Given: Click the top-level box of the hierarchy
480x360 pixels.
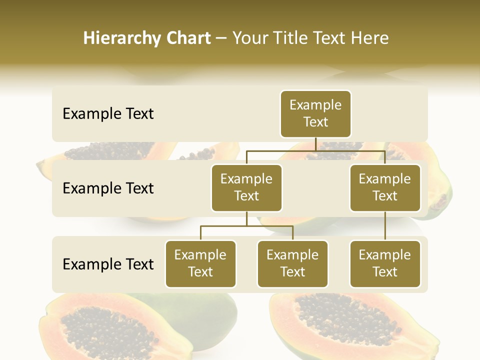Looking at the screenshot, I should click(x=315, y=114).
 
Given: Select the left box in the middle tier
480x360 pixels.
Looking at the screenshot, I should click(x=246, y=187).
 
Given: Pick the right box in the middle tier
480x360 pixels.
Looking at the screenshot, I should click(x=385, y=187).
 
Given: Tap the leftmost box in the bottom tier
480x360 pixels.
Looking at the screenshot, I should click(x=200, y=263).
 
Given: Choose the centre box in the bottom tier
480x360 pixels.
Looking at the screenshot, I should click(x=292, y=263).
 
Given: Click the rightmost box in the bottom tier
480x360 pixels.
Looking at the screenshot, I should click(x=385, y=263).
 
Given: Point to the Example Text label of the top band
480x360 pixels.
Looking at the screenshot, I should click(x=108, y=114).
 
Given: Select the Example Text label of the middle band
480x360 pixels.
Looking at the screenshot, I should click(x=108, y=188).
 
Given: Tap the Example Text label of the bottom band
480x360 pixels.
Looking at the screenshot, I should click(x=108, y=264).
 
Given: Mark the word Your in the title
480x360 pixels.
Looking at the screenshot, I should click(x=249, y=38).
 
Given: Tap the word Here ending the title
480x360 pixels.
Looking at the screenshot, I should click(x=369, y=38).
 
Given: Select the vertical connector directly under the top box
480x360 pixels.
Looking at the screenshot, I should click(x=315, y=144).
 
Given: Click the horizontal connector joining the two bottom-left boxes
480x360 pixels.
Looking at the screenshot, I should click(x=246, y=226).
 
